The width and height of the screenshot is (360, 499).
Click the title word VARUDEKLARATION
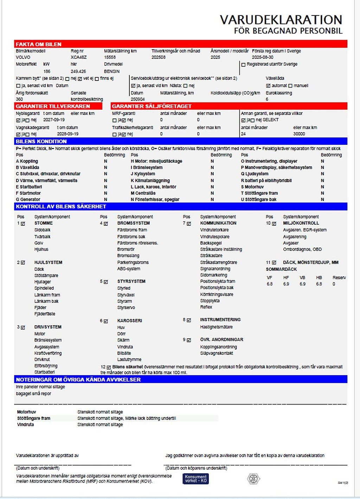[281, 20]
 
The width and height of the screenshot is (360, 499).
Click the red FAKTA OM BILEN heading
[38, 44]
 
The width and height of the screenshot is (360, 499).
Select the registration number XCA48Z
[78, 57]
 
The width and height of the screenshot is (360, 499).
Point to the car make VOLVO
[23, 57]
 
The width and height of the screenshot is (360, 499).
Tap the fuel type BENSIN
[112, 71]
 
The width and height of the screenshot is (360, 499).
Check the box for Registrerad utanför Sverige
[243, 65]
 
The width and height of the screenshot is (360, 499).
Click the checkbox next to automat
[268, 86]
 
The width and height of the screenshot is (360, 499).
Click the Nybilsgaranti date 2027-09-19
[54, 120]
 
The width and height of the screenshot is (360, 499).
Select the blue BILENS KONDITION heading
[41, 141]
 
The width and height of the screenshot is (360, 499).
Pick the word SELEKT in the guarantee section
[271, 120]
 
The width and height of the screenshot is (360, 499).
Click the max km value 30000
[299, 134]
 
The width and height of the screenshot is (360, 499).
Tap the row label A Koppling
[27, 161]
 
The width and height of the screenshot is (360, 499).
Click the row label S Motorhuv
[252, 187]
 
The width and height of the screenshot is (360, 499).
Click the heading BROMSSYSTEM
[133, 223]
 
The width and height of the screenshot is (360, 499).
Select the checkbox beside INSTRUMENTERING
[189, 320]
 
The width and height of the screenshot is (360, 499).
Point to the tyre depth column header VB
[302, 278]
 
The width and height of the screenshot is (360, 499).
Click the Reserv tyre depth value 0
[334, 284]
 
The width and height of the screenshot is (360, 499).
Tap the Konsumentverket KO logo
[195, 479]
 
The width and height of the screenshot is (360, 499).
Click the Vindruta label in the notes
[25, 425]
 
